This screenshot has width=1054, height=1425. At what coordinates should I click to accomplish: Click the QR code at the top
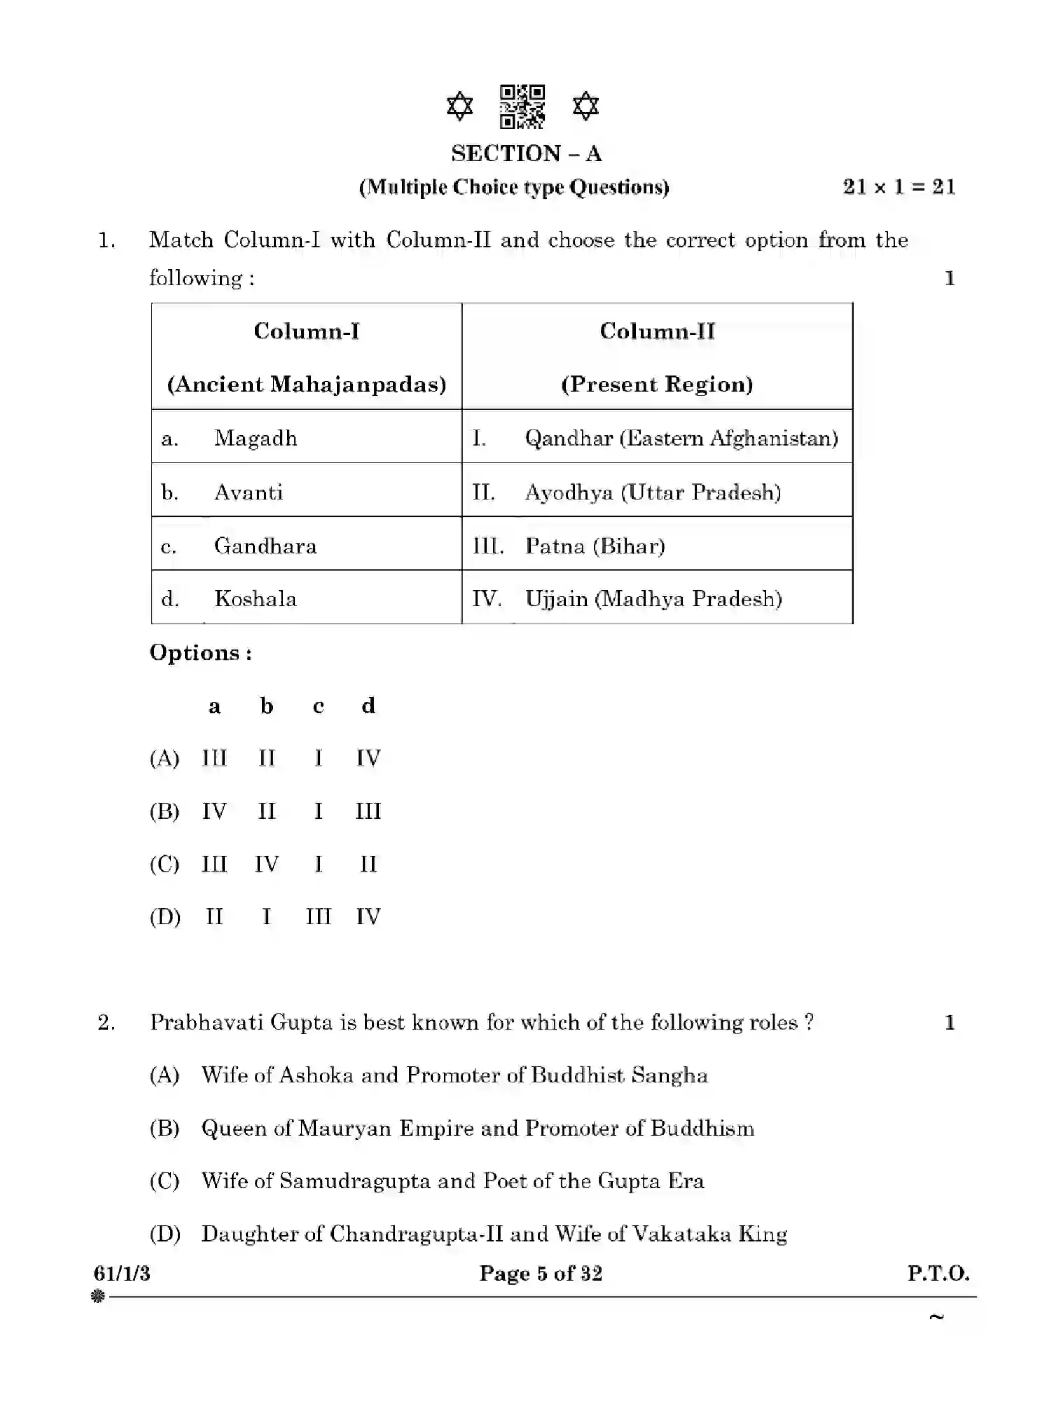coord(522,106)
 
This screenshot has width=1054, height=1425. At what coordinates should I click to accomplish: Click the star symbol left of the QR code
coord(459,106)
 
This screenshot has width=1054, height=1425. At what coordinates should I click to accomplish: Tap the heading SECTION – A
coord(526,153)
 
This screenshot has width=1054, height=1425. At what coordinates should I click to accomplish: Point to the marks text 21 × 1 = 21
coord(899,187)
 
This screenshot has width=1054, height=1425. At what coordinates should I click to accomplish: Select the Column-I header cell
coord(307,357)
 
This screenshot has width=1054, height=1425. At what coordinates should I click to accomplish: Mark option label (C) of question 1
coord(165,865)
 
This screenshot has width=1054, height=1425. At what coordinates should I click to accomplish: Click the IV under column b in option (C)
coord(266,865)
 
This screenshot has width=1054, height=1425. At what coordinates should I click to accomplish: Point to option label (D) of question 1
coord(165,917)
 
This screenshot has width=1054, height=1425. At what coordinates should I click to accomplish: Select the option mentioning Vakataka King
coord(494,1234)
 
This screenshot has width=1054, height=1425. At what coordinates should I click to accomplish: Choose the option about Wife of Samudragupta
coord(452,1181)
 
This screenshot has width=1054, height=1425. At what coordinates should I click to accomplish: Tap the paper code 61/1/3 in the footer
coord(122,1273)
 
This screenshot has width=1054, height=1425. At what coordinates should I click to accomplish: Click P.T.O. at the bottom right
coord(938,1273)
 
